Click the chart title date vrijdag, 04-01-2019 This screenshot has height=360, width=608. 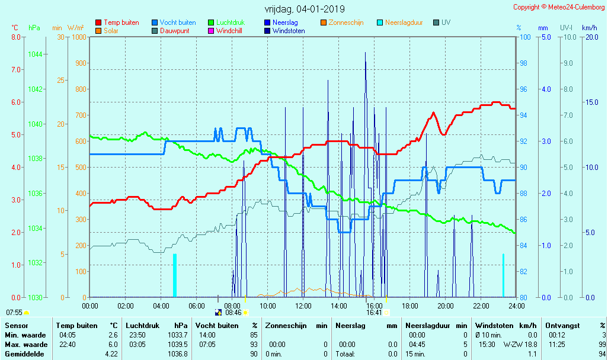click(305, 9)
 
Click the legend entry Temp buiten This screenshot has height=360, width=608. click(121, 22)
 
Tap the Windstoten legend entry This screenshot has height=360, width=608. click(289, 31)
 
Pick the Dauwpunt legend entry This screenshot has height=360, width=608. click(174, 31)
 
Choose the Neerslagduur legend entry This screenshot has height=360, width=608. click(404, 22)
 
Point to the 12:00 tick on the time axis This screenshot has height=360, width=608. click(303, 306)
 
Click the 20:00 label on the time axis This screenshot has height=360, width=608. click(446, 306)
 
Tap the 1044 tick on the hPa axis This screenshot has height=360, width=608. click(35, 54)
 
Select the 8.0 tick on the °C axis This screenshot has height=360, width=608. click(15, 37)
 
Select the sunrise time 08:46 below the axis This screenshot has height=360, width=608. click(233, 313)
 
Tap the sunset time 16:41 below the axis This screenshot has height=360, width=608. click(374, 313)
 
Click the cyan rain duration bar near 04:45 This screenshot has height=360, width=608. click(175, 275)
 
